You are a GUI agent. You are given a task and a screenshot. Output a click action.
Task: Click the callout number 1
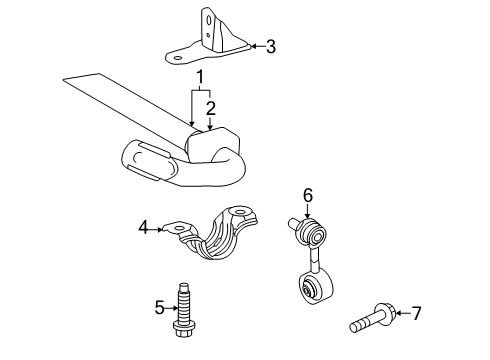(x=199, y=78)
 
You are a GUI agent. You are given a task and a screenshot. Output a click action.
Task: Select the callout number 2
(x=210, y=106)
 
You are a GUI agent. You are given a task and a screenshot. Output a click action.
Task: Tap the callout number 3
(x=270, y=45)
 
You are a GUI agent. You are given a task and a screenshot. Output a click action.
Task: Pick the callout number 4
(x=144, y=229)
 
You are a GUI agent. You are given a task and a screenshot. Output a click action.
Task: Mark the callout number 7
(x=416, y=313)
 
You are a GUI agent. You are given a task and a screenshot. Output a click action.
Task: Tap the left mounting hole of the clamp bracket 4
(x=180, y=229)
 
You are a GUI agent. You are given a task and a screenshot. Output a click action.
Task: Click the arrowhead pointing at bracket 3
(x=253, y=45)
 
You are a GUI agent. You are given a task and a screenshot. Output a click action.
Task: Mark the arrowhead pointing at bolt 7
(x=398, y=313)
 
